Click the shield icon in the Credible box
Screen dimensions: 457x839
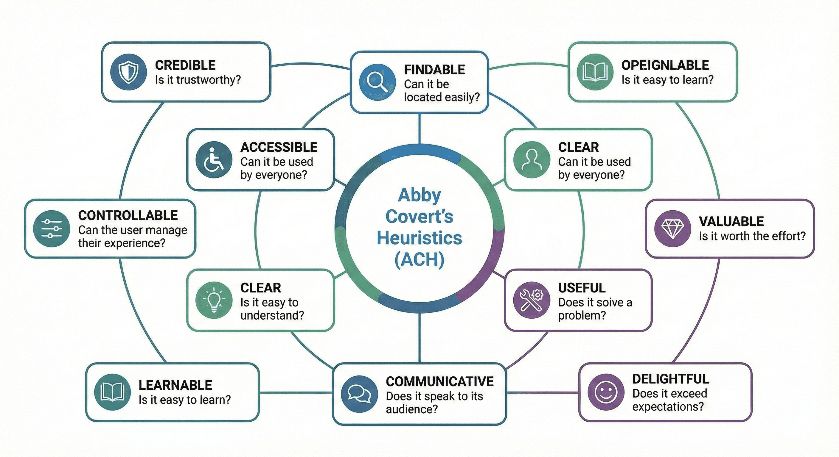pos(128,72)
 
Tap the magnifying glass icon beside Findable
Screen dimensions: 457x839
pos(377,82)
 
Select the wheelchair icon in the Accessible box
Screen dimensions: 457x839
pos(214,160)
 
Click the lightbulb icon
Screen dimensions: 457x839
pos(214,300)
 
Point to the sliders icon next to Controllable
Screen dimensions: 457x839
pos(52,229)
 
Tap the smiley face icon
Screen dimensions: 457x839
pos(606,392)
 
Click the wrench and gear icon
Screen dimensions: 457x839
pos(532,300)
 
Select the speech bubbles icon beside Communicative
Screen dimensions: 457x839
pos(359,394)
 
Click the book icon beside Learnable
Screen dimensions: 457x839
pos(112,392)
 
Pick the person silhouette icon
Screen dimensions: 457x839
pos(532,160)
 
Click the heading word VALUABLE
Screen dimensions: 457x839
pos(731,221)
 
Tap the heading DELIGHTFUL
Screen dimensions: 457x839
pos(670,379)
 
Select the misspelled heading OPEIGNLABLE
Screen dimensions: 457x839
pos(665,65)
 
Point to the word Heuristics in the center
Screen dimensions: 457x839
pos(419,238)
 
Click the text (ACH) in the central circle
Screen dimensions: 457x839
pos(419,259)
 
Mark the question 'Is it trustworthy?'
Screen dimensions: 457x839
pos(198,80)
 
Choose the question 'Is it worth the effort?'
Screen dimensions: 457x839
pos(752,236)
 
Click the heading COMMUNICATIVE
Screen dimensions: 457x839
pos(439,381)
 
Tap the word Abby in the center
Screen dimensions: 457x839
pos(419,195)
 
